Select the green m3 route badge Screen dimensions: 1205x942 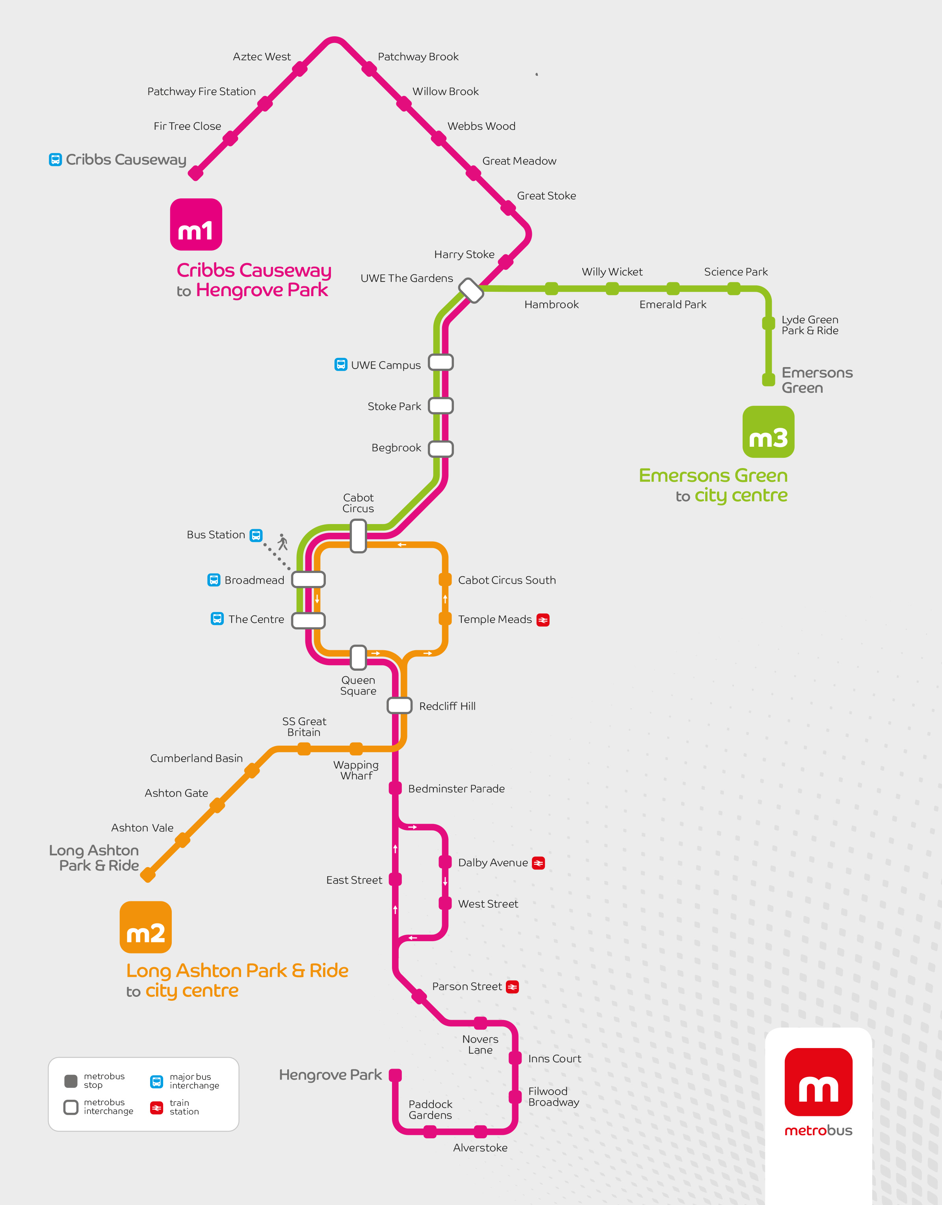[x=768, y=432]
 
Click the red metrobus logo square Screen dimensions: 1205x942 [x=818, y=1082]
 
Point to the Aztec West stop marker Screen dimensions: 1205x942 [x=299, y=69]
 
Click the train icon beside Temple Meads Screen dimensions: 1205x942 [x=543, y=620]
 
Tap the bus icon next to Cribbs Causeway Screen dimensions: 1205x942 [x=55, y=160]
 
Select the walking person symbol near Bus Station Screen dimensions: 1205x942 [x=283, y=542]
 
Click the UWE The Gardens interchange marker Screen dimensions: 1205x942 [x=471, y=290]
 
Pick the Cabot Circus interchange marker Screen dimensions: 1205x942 [x=359, y=536]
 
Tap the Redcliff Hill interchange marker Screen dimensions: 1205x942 [x=399, y=705]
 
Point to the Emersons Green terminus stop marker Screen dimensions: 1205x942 [x=768, y=380]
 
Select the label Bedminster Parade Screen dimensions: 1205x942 [x=456, y=789]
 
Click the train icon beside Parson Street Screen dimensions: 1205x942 [x=512, y=987]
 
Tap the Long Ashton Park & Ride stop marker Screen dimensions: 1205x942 [x=148, y=874]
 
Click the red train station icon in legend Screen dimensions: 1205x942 [x=157, y=1107]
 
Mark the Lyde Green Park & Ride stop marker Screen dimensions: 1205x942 [x=768, y=323]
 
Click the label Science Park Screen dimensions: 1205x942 [x=736, y=272]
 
